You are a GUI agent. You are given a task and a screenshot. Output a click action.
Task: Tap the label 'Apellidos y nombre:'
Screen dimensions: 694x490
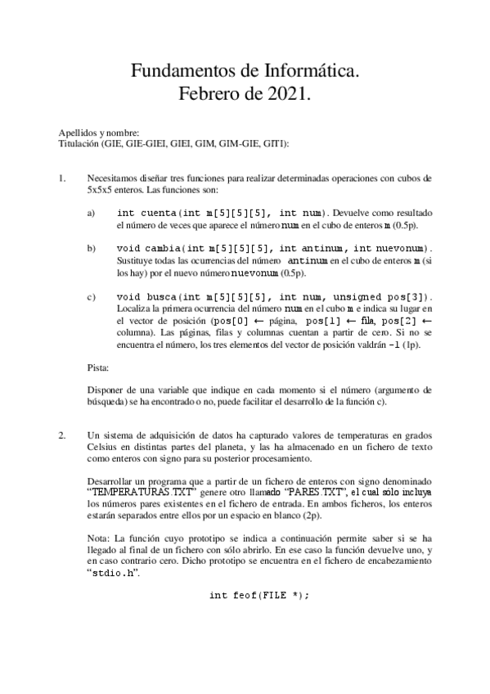click(99, 133)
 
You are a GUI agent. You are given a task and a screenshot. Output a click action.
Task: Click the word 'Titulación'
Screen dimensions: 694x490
click(79, 142)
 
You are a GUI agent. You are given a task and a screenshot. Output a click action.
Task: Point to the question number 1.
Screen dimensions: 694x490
click(62, 177)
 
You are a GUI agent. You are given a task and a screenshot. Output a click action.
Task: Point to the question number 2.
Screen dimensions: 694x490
click(62, 435)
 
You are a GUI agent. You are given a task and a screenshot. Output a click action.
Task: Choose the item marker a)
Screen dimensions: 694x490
click(91, 212)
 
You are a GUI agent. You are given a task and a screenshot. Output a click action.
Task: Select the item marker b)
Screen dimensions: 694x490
click(91, 247)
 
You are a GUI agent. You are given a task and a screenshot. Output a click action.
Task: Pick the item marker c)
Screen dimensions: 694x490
click(91, 296)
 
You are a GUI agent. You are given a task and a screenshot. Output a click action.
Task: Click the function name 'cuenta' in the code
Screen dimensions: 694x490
click(156, 212)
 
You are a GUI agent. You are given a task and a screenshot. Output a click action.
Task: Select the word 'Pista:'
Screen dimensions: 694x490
click(100, 367)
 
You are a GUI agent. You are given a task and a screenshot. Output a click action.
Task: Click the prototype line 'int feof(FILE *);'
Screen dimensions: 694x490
click(259, 595)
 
